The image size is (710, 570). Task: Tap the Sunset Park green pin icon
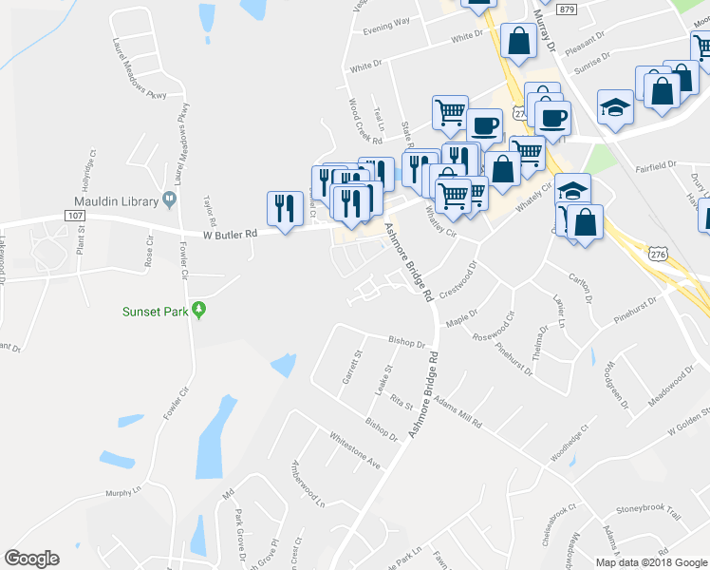coord(198,310)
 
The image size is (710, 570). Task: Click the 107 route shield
coord(76,216)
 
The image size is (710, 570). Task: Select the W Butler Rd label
coord(230,233)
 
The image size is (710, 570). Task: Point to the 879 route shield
coord(567,9)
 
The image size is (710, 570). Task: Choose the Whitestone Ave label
coord(354,451)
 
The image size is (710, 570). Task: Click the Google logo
coord(31,559)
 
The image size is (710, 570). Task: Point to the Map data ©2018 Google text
coord(651,562)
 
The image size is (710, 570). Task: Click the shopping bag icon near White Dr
coord(518,41)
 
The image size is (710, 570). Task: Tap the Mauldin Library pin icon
coord(170,200)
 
